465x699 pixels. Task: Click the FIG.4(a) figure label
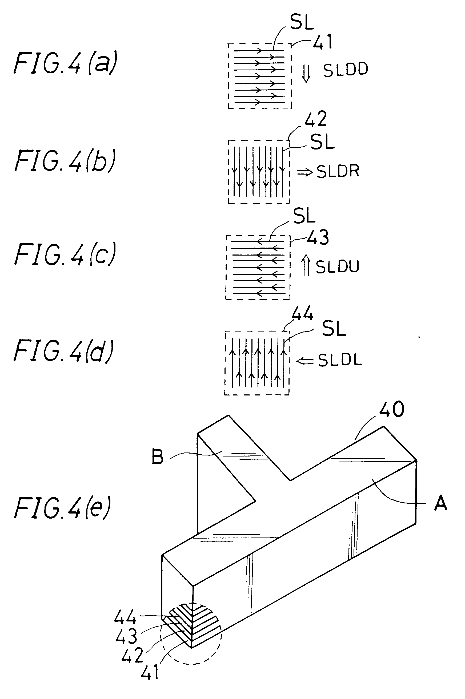(x=65, y=63)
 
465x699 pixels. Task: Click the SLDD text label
(x=345, y=70)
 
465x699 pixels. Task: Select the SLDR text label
(x=338, y=171)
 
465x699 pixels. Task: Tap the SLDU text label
(x=337, y=266)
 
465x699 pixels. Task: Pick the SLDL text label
(x=340, y=360)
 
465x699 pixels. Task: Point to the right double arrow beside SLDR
(x=305, y=172)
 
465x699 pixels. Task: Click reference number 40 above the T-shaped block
(x=391, y=410)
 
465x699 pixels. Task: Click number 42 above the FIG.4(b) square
(x=315, y=119)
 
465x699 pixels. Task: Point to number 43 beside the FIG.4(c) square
(x=318, y=237)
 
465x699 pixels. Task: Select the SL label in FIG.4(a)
(x=302, y=22)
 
